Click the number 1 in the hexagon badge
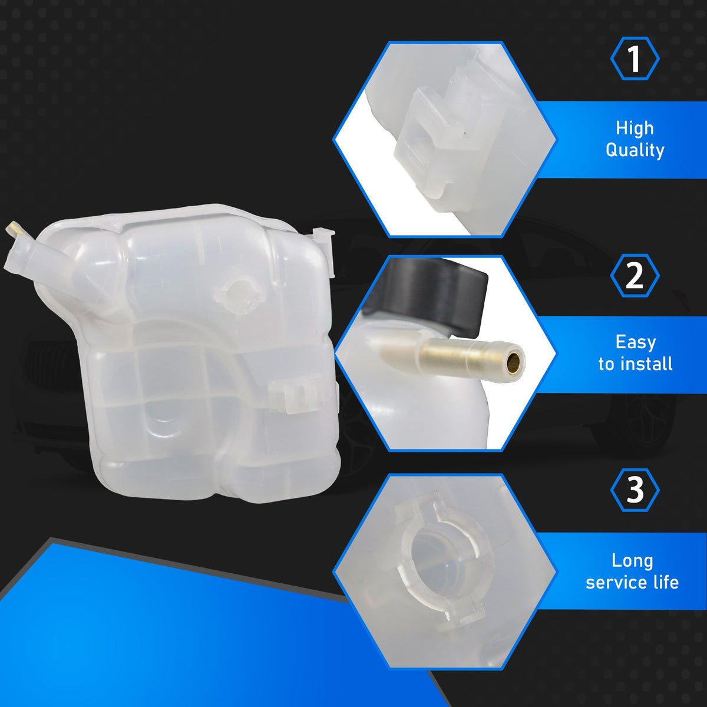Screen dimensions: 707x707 (x=635, y=59)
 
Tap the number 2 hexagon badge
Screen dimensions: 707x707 (x=635, y=276)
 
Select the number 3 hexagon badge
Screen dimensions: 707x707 (x=635, y=490)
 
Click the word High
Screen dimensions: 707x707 (x=635, y=128)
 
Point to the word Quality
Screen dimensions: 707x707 (x=635, y=150)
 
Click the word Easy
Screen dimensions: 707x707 (x=636, y=343)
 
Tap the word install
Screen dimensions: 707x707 (x=647, y=364)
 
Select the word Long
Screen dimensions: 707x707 (x=632, y=561)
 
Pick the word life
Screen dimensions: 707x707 (x=666, y=582)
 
